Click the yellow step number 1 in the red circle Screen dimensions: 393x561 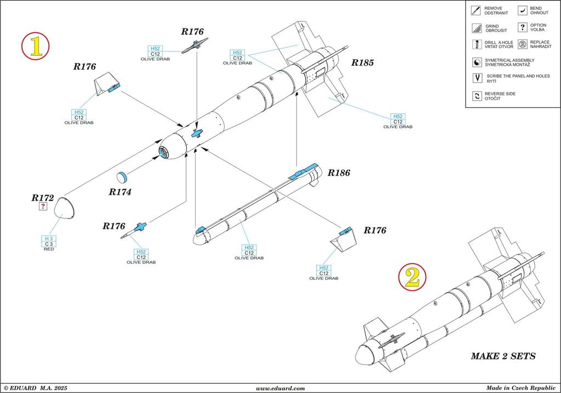click(36, 46)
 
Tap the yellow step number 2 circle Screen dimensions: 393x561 click(412, 278)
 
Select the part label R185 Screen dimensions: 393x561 click(362, 63)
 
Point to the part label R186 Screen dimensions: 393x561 click(339, 173)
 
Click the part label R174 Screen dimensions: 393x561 click(120, 192)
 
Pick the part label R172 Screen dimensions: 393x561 click(43, 197)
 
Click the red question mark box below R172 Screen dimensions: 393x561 click(43, 206)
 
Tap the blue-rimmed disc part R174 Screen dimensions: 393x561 click(122, 177)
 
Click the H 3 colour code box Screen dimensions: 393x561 click(49, 239)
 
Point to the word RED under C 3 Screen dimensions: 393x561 click(49, 250)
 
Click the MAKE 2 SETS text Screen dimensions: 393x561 click(503, 356)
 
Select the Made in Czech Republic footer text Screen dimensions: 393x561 click(516, 388)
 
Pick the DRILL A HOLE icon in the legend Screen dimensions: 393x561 click(475, 44)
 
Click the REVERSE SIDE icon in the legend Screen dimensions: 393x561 click(475, 96)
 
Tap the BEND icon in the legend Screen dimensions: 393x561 click(523, 10)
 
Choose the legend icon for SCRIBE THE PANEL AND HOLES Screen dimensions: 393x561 click(475, 78)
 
